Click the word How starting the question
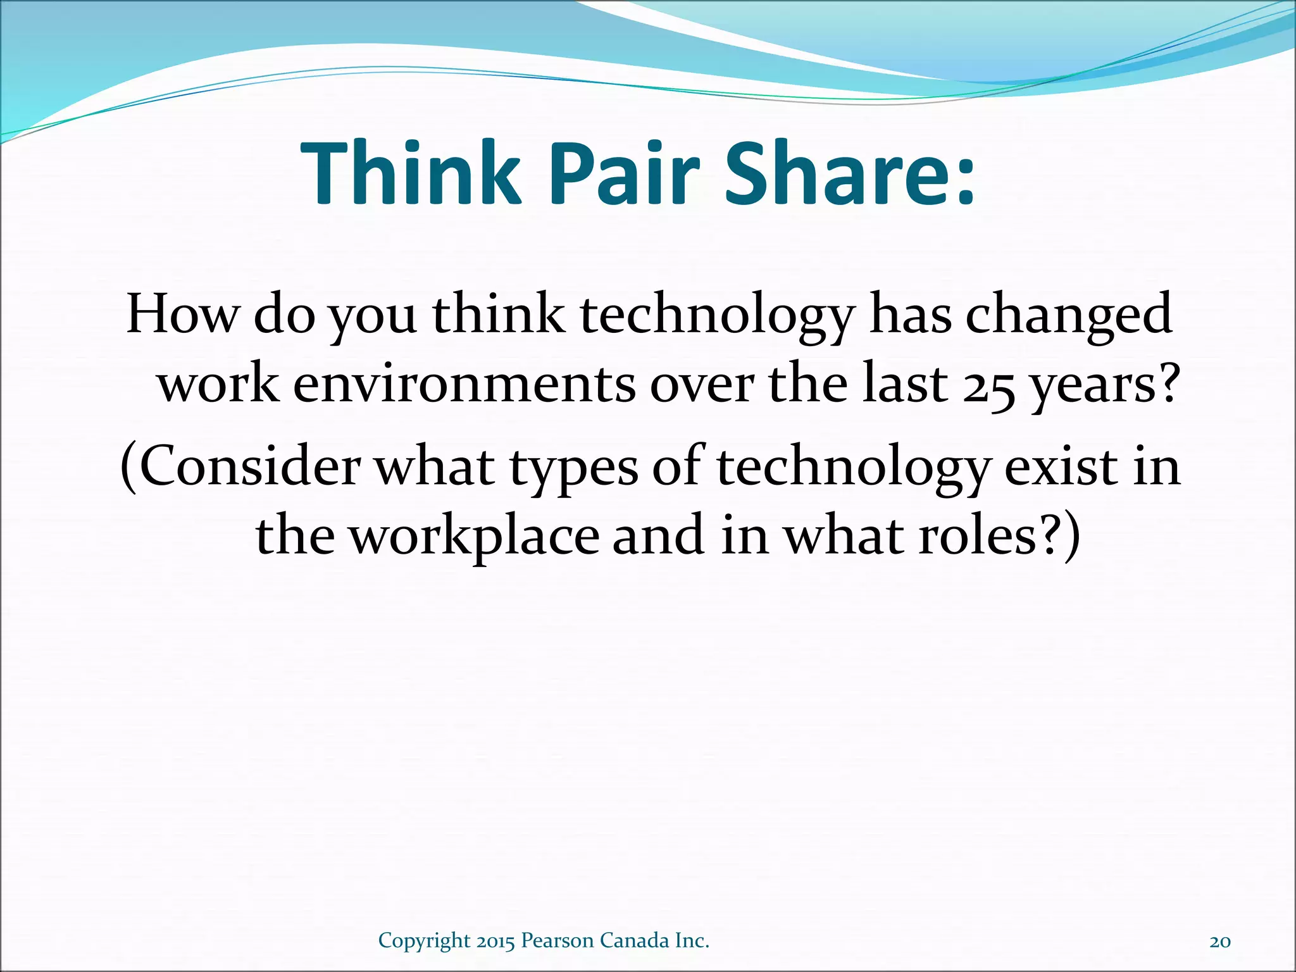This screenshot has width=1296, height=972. (183, 314)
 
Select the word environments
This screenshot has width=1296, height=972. (464, 384)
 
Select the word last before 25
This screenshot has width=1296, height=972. (905, 384)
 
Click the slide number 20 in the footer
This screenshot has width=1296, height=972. (1220, 942)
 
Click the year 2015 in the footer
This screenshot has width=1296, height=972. (496, 941)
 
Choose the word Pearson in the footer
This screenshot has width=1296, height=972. (558, 941)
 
